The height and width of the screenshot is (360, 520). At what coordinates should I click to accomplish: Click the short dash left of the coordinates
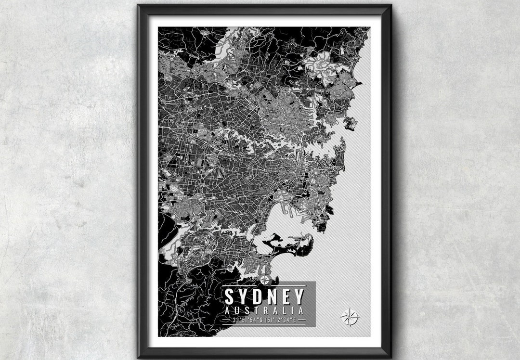(226, 320)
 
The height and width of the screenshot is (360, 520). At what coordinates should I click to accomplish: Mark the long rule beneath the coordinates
(264, 325)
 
